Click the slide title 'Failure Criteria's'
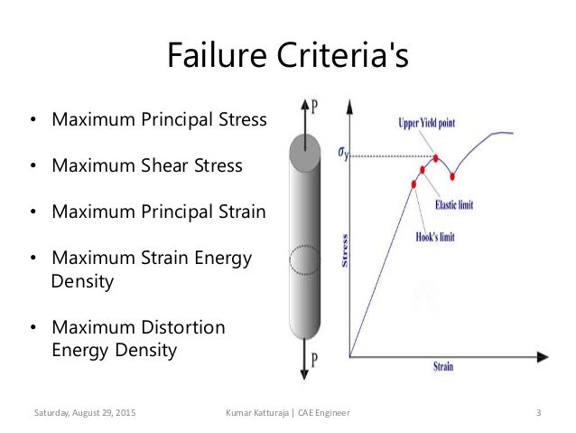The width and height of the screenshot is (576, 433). [288, 56]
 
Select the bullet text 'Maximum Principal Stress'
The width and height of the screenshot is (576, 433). [159, 119]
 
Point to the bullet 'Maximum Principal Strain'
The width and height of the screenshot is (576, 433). [159, 213]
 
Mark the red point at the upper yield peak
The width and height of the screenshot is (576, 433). [436, 158]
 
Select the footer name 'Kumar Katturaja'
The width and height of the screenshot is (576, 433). [263, 412]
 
